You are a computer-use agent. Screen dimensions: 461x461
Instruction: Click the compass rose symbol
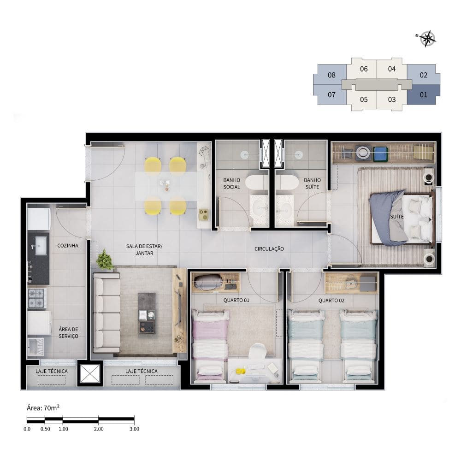click(x=426, y=39)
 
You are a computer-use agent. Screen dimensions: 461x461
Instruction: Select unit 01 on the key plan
click(x=423, y=95)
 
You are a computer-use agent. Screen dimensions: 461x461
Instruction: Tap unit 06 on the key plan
click(x=364, y=69)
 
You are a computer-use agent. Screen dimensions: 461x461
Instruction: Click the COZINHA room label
click(x=68, y=246)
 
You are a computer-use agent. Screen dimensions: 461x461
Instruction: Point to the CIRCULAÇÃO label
click(x=269, y=249)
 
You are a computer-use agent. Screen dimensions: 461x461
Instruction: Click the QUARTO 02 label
click(x=331, y=301)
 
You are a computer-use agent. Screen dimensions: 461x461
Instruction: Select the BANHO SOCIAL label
click(x=232, y=183)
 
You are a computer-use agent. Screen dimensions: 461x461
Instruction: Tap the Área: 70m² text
click(x=43, y=408)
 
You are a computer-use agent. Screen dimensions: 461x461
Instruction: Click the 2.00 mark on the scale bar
click(x=99, y=429)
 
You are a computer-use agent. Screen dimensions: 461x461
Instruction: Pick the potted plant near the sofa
click(x=104, y=260)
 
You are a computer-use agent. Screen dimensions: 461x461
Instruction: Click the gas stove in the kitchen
click(x=37, y=298)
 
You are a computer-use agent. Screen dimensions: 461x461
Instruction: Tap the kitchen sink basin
click(x=41, y=246)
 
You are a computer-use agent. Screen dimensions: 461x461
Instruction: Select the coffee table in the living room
click(x=147, y=313)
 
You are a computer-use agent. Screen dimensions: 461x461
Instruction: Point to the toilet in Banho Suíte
click(x=287, y=183)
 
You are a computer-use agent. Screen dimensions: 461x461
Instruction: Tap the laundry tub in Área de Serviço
click(x=36, y=347)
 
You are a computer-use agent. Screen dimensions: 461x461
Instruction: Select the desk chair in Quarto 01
click(x=257, y=351)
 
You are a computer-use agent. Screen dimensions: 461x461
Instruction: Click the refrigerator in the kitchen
click(x=39, y=219)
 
